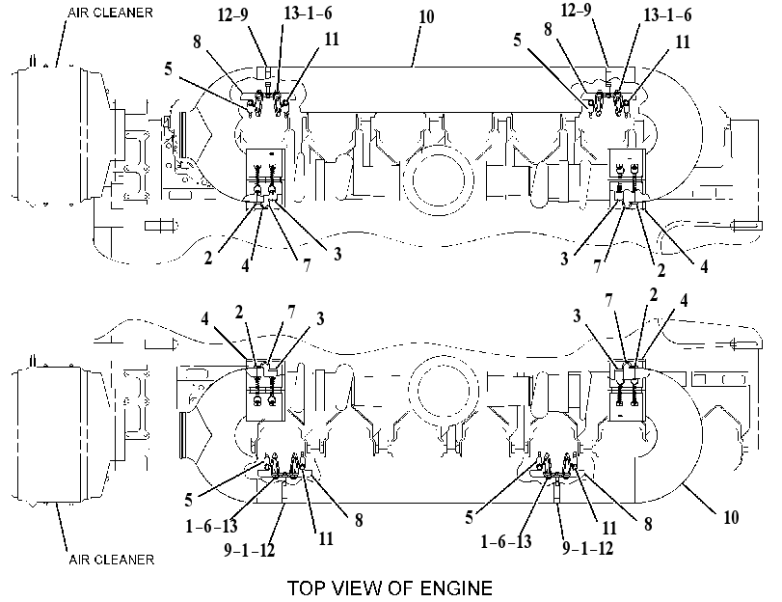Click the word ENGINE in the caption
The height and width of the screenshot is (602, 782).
point(456,588)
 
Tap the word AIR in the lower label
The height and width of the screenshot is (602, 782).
point(79,560)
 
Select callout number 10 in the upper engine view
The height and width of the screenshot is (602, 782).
point(426,17)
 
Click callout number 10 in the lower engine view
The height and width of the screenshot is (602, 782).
point(731,517)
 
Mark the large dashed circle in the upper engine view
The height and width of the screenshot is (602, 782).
point(438,180)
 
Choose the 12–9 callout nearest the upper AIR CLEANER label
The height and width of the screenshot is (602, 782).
point(233,14)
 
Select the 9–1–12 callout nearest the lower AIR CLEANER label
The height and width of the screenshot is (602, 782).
point(250,550)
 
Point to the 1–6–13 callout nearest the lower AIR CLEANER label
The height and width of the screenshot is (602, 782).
point(211,526)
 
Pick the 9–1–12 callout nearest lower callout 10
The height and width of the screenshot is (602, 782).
point(587,548)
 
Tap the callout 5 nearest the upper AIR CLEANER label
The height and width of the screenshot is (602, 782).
point(169,68)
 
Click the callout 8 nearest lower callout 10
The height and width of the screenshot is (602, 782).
point(648,524)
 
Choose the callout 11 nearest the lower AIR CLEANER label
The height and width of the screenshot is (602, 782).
point(326,538)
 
